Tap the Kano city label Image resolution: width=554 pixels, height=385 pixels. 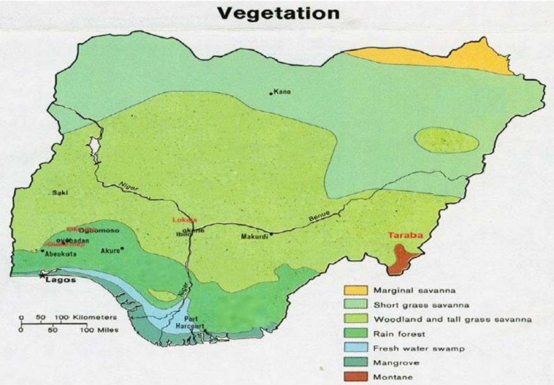(x=282, y=92)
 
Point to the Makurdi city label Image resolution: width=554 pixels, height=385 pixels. (x=254, y=237)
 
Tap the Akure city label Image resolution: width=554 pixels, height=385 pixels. (x=110, y=251)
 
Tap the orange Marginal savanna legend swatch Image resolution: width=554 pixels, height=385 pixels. (x=355, y=290)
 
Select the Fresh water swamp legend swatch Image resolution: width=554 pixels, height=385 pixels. (x=355, y=348)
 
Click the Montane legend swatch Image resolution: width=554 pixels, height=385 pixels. (x=355, y=377)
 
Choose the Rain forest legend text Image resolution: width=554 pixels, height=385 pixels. (x=399, y=333)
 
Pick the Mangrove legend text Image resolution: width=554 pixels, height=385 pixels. (x=397, y=362)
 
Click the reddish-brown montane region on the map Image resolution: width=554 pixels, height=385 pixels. (x=401, y=259)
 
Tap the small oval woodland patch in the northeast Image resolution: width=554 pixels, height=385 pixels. (x=446, y=140)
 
